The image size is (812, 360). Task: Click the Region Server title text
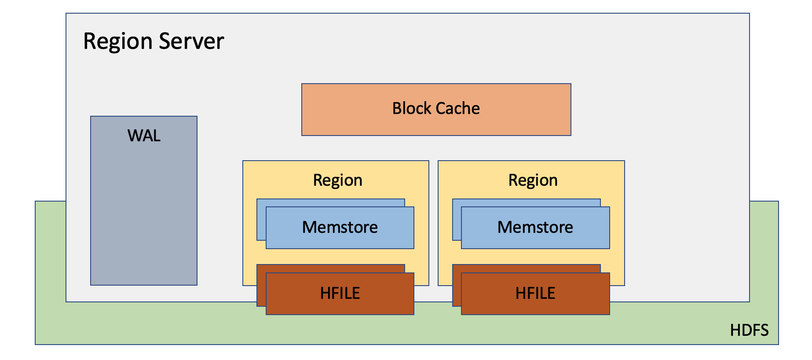coord(154,42)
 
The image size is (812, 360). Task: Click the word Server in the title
coord(191,41)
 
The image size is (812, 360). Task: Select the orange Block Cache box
coord(436,110)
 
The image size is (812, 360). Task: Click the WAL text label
coord(144,136)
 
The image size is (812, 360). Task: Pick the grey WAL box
coord(144,201)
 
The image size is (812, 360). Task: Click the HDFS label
coord(749,330)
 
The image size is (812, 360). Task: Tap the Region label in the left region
coord(338,180)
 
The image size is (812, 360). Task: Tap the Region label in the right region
coord(533,180)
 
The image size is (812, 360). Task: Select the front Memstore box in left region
coord(340,228)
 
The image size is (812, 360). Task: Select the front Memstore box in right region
coord(535,228)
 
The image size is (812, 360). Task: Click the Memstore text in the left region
coord(340,227)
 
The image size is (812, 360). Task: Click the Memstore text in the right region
coord(535,227)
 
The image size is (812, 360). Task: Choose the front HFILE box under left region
coord(340,294)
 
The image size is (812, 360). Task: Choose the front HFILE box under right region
coord(535,294)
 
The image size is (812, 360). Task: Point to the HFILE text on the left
coord(340,293)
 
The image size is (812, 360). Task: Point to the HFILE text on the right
coord(535,293)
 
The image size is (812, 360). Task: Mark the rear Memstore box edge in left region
coord(261,220)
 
